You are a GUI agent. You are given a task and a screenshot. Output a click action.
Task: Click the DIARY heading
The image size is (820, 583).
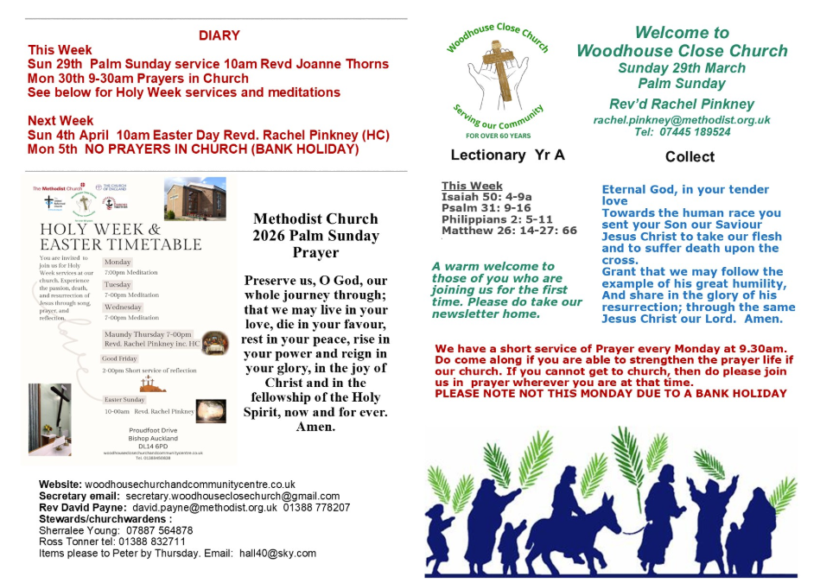[219, 35]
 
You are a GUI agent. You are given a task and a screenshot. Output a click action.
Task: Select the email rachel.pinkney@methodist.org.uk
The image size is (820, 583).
[682, 120]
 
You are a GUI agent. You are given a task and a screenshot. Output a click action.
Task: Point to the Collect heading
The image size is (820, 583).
[690, 157]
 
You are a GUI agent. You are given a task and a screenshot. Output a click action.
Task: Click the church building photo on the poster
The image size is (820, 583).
[194, 200]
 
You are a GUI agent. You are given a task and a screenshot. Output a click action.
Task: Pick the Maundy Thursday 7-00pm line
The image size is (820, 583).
[148, 334]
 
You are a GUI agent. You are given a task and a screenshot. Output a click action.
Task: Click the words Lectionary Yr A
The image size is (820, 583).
[495, 155]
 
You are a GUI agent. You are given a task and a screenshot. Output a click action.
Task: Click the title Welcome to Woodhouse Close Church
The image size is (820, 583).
[682, 42]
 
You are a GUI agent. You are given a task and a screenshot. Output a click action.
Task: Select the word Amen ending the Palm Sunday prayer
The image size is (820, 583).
[315, 427]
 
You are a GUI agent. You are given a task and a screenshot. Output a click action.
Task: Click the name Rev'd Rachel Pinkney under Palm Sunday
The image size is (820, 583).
[682, 104]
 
